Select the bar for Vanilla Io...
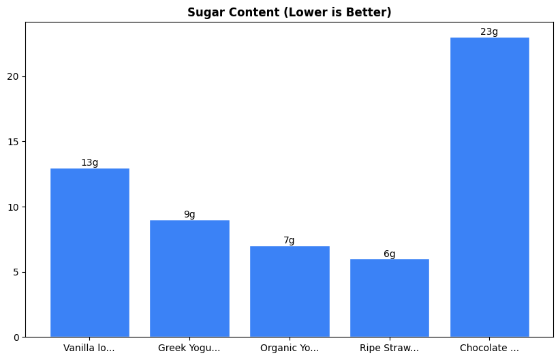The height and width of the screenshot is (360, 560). [x=90, y=252]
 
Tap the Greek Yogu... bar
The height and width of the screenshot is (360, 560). [x=189, y=278]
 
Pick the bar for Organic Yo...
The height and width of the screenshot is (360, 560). [x=290, y=291]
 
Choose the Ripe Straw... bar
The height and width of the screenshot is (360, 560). [x=390, y=298]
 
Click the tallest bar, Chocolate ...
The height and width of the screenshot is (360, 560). [x=489, y=187]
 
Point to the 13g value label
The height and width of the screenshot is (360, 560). [x=90, y=162]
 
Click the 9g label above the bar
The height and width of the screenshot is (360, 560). [x=189, y=215]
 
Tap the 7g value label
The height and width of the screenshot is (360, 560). [x=290, y=241]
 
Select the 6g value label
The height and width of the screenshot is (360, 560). [x=390, y=254]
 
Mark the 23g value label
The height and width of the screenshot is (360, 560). [x=489, y=32]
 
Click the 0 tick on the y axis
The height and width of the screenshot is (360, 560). [x=18, y=337]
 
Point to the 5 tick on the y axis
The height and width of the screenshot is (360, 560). [x=18, y=272]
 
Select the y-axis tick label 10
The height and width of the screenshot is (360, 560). [x=15, y=207]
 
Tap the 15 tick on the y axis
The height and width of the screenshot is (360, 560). [x=15, y=142]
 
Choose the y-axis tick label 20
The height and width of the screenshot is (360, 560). [x=15, y=76]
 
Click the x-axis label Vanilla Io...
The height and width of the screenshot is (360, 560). [x=89, y=348]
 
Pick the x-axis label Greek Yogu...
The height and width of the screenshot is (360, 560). [x=189, y=348]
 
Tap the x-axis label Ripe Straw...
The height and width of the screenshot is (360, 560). [x=390, y=348]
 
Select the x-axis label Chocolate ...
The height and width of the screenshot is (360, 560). [x=489, y=348]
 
